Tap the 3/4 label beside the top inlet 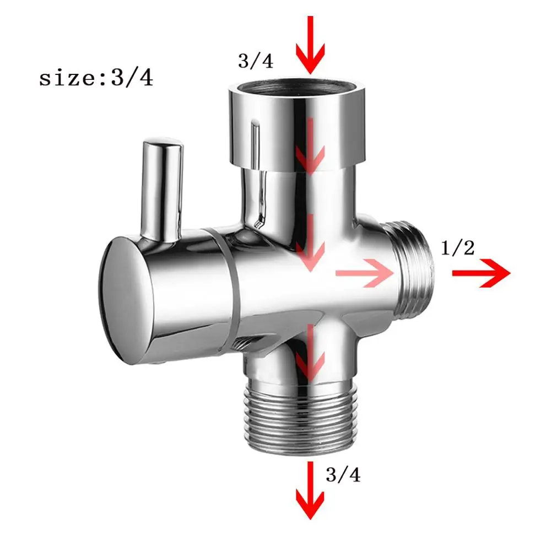tap(256, 61)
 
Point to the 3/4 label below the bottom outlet tap(343, 475)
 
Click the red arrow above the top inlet tap(310, 45)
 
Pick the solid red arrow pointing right tap(481, 273)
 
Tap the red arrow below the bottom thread tap(310, 490)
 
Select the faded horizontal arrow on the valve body tap(364, 273)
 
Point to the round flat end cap tap(127, 300)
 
